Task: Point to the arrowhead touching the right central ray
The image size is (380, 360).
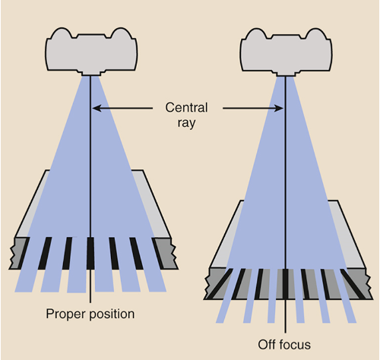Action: (x=280, y=109)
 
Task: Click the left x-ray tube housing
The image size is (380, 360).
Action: (x=92, y=49)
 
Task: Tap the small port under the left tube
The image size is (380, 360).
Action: (x=92, y=74)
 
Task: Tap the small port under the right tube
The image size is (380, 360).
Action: (x=286, y=74)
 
